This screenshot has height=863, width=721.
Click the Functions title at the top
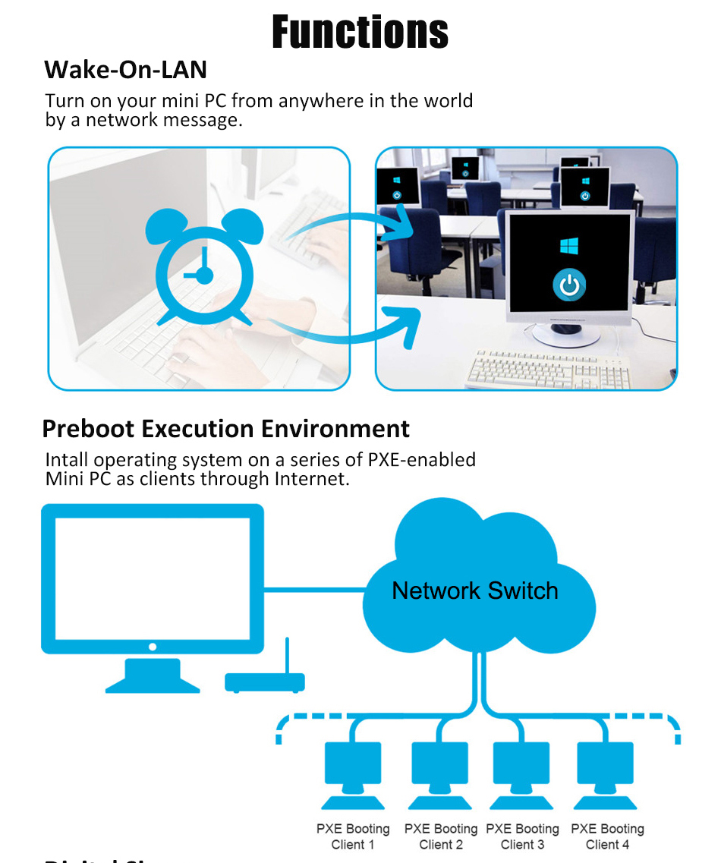360,32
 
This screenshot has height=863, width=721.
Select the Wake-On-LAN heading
125,70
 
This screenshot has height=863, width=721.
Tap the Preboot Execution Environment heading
225,429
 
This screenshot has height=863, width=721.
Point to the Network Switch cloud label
474,591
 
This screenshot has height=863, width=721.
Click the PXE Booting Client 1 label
353,836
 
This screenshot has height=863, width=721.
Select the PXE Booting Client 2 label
441,836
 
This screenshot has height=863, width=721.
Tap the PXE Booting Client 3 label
522,836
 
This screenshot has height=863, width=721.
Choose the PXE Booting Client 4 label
607,836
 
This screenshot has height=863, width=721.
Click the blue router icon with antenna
265,678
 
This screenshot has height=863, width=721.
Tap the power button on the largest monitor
568,285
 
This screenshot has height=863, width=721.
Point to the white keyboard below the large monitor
539,369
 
